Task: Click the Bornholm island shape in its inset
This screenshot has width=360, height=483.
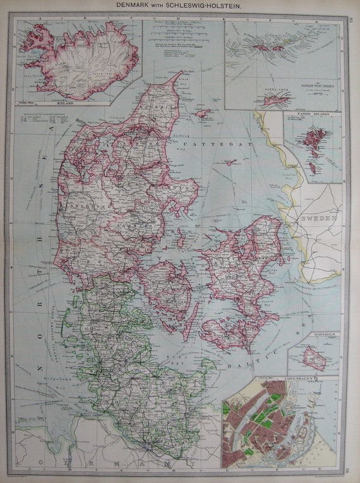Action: (x=314, y=357)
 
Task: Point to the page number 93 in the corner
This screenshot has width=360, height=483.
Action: (x=351, y=18)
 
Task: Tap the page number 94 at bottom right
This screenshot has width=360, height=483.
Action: (x=351, y=470)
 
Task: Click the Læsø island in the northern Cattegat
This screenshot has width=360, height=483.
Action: (x=203, y=114)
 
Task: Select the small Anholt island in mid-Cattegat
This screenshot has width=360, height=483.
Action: (x=230, y=162)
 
